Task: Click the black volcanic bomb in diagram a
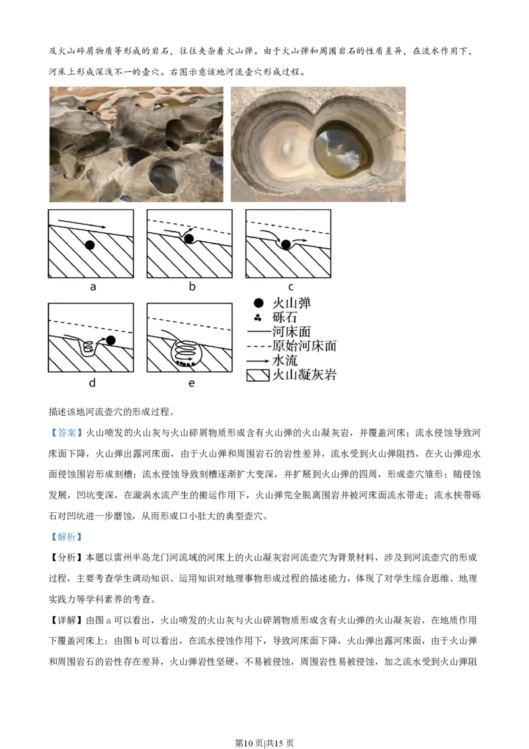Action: (90, 245)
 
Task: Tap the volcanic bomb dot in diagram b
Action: (189, 239)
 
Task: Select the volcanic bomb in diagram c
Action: (286, 245)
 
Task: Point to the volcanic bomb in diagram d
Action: (111, 340)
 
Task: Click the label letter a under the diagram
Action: (93, 286)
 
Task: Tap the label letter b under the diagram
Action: (192, 286)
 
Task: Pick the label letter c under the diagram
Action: (291, 287)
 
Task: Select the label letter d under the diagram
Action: (92, 382)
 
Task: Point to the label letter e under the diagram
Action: (192, 383)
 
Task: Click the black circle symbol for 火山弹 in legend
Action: (259, 303)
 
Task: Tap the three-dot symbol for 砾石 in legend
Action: (258, 317)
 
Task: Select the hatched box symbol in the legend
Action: (258, 375)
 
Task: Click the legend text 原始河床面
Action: (304, 346)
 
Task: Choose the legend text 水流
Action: (284, 361)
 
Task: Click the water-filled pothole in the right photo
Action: (343, 148)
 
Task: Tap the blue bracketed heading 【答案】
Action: (66, 433)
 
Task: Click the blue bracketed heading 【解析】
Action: (66, 537)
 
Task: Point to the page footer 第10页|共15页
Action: (264, 743)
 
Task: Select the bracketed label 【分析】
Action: (66, 558)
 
